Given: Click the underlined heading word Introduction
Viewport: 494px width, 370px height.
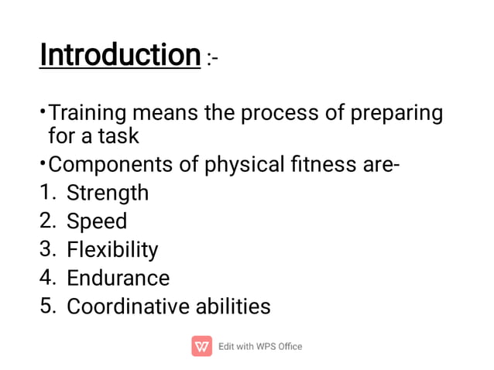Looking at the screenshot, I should tap(120, 55).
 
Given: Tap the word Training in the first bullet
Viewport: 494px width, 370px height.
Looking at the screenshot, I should tap(87, 114).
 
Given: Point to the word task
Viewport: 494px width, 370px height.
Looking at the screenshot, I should tap(118, 136).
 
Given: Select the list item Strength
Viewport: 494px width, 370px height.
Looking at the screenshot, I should tap(108, 193).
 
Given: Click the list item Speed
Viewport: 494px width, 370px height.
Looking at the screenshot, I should tap(97, 221).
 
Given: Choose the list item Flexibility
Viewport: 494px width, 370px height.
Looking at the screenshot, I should tap(112, 250).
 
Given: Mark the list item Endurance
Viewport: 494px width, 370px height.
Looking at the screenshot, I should tap(118, 278).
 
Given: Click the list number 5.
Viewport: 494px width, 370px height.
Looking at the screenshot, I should tap(47, 307).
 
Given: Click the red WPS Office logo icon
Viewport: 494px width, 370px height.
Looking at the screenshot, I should tap(201, 346).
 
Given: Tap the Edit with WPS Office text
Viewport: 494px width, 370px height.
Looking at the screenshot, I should tap(260, 346).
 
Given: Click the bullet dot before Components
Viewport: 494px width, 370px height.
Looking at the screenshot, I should tap(43, 163).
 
